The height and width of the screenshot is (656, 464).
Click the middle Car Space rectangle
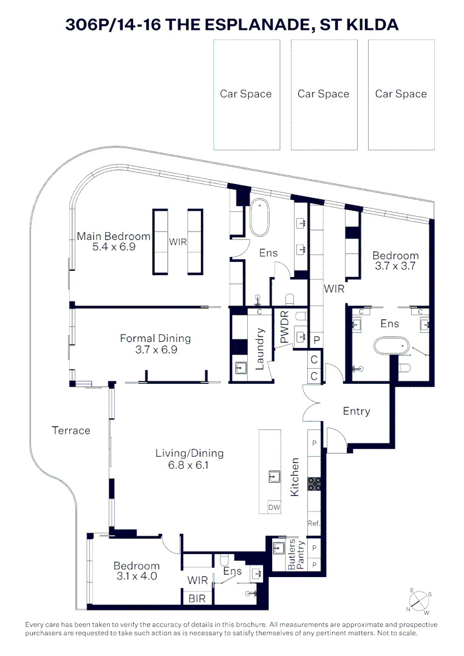click(323, 94)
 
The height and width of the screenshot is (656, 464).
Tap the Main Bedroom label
click(114, 236)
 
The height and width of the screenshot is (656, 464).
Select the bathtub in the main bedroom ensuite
click(259, 217)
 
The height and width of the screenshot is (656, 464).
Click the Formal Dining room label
click(155, 338)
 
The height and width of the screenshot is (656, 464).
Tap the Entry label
click(356, 411)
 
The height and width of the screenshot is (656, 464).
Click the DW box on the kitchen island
click(274, 507)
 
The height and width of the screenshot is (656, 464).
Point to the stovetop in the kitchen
click(315, 483)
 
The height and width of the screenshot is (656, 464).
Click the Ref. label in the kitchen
click(314, 523)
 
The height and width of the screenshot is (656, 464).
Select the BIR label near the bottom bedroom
click(197, 598)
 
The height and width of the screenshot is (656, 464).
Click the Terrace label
click(71, 431)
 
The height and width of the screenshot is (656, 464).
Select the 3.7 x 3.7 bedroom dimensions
click(395, 266)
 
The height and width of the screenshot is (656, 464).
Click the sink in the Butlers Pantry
click(278, 548)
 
